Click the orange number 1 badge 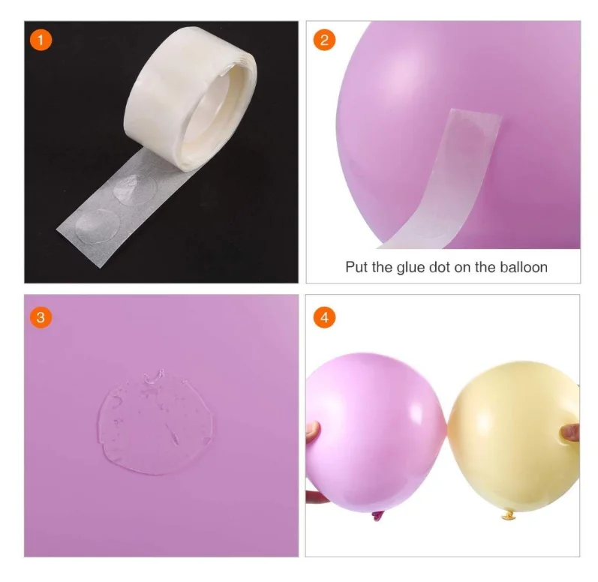[x=41, y=39]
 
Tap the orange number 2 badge [x=323, y=39]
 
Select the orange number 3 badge [x=41, y=317]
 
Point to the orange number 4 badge [x=323, y=317]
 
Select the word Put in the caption [x=356, y=266]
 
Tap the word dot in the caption [x=440, y=266]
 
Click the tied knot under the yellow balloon [x=504, y=517]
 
